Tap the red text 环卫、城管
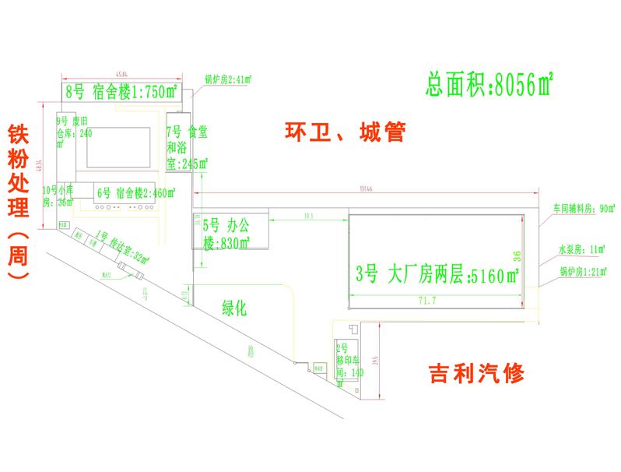[x=344, y=132]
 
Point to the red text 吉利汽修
[x=476, y=374]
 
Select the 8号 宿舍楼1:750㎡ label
[x=121, y=92]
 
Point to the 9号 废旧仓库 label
[x=74, y=133]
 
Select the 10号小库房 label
[x=58, y=195]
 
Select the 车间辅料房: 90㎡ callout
[x=584, y=208]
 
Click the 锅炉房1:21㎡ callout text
[x=583, y=271]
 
